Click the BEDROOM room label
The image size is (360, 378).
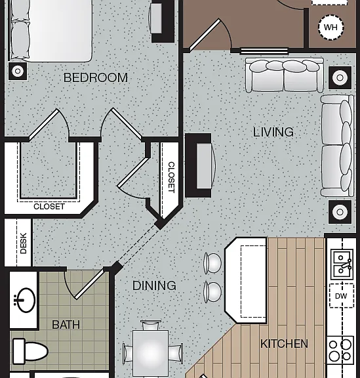[x=96, y=77]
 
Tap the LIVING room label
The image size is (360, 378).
[x=273, y=132]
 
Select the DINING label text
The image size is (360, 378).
[x=154, y=285]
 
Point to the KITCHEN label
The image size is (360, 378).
[x=284, y=343]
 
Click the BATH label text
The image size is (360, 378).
[x=66, y=325]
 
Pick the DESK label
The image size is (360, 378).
[x=24, y=243]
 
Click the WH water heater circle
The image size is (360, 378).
[x=331, y=28]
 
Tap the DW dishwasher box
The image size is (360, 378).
[x=342, y=296]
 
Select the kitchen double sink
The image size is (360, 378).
[x=342, y=264]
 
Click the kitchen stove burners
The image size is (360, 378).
[x=340, y=350]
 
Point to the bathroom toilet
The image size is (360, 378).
[x=30, y=352]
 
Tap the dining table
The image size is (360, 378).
[x=150, y=352]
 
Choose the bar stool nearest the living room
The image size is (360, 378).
[x=212, y=263]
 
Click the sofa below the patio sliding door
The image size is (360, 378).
[x=285, y=75]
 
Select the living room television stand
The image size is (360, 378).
[x=198, y=165]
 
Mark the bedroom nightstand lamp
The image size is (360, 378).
[x=18, y=71]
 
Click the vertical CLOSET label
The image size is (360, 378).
[x=171, y=177]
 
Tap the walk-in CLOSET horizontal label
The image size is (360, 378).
[x=49, y=207]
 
